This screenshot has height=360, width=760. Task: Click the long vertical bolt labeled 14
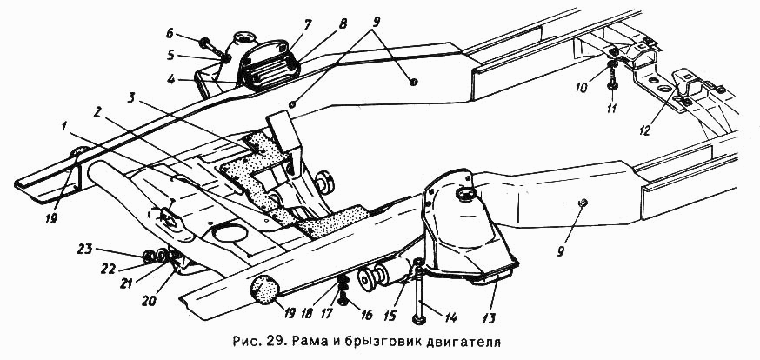point(419,291)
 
